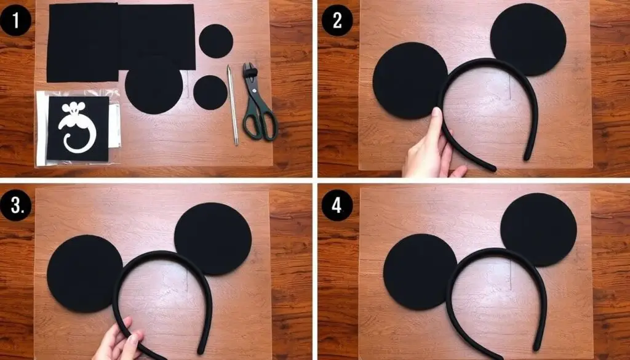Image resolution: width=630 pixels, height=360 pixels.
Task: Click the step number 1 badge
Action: point(15,20)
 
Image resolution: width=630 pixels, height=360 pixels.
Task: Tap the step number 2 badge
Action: point(337,20)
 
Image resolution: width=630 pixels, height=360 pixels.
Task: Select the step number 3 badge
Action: point(15,206)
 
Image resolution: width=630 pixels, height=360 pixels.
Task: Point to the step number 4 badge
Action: point(337,206)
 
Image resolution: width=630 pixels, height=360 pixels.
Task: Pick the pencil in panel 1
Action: point(233,105)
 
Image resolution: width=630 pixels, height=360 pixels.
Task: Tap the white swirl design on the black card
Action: point(76,127)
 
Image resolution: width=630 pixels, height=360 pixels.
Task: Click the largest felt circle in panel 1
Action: point(154,86)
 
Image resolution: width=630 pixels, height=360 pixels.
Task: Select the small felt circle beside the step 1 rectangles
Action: point(216,41)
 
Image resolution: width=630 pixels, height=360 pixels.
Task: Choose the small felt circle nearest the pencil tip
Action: point(210,92)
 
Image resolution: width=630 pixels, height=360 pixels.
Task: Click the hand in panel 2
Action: point(432,145)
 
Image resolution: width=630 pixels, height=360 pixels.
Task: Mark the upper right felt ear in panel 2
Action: point(528,39)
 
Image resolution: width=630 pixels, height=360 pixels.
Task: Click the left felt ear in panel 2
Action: point(410,81)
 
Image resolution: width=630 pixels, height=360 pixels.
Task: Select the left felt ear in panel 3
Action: point(84,274)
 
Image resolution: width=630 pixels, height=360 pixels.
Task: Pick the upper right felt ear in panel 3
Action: point(213,239)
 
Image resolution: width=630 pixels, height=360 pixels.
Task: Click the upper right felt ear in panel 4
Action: point(539,230)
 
